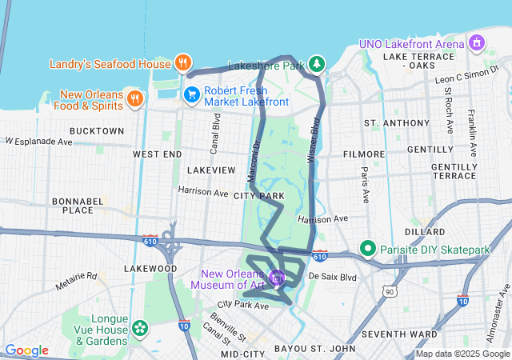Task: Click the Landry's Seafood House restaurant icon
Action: coord(183,63)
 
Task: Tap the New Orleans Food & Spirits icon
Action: coord(135,98)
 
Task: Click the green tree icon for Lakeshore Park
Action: coord(318,63)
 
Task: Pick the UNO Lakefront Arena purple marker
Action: coord(478,42)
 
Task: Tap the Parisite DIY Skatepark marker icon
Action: coord(369,250)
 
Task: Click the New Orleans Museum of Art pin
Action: coord(277,278)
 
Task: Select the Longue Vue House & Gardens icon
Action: coord(140,327)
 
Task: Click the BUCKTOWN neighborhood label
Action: coord(97,130)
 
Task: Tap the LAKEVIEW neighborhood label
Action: coord(211,170)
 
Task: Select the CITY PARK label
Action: coord(259,195)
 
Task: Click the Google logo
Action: coord(26,350)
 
